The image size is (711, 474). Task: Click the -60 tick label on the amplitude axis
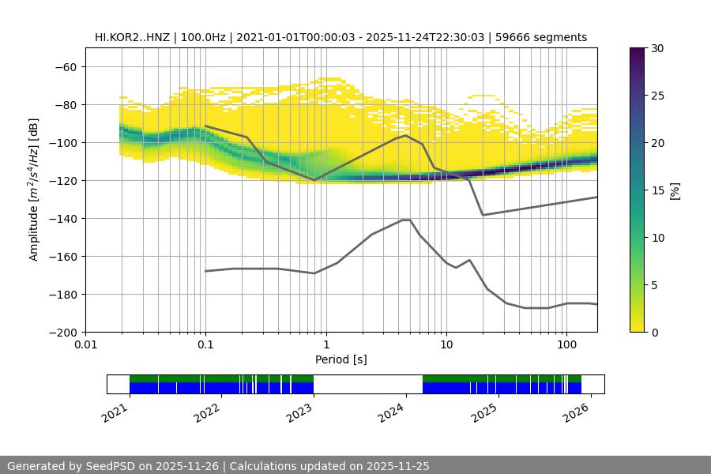(66, 66)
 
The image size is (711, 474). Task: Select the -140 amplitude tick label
(62, 218)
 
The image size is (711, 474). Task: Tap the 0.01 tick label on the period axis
(85, 345)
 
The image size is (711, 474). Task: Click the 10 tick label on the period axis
(446, 345)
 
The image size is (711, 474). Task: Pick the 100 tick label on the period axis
(566, 345)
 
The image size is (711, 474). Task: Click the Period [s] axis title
(341, 359)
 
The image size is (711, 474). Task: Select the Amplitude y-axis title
(33, 190)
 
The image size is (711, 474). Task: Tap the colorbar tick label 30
(657, 48)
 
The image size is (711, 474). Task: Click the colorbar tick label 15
(657, 190)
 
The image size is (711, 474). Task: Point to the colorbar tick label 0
(654, 332)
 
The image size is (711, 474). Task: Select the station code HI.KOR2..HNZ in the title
(132, 37)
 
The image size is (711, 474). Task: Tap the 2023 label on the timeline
(299, 412)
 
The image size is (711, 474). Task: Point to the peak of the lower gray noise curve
(406, 220)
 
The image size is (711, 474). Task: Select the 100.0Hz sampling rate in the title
(205, 37)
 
